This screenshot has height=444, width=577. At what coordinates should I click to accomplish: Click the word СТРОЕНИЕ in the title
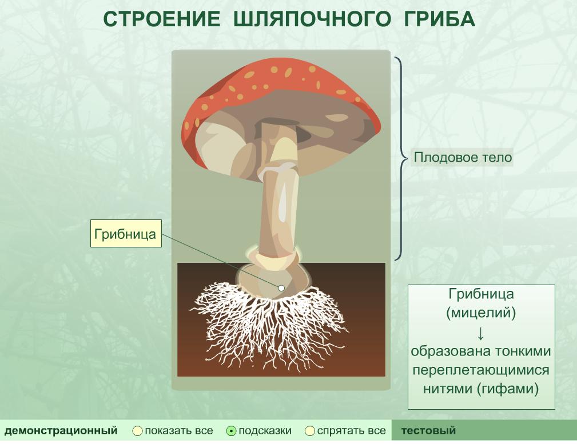point(161,19)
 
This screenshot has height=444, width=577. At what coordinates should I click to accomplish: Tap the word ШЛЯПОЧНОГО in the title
point(312,19)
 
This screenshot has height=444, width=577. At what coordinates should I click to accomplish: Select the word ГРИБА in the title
point(439,19)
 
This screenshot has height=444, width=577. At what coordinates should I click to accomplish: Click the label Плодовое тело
point(463,158)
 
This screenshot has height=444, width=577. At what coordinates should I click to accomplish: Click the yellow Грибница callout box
point(126,234)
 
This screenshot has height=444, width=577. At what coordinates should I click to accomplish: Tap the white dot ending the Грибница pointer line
point(281,288)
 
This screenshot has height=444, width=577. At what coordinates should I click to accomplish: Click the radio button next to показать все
point(137,431)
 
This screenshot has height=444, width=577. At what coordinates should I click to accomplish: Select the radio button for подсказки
point(231,431)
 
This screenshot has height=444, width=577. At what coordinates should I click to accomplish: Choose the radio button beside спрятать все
point(310,431)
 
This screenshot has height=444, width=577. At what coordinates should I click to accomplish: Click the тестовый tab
point(428,430)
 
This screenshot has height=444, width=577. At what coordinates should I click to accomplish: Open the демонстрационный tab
point(61,430)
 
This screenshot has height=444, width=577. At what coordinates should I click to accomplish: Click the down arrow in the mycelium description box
point(480,333)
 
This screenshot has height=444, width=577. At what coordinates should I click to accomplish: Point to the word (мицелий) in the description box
point(481,313)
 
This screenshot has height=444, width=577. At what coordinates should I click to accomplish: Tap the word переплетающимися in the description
point(481,370)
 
